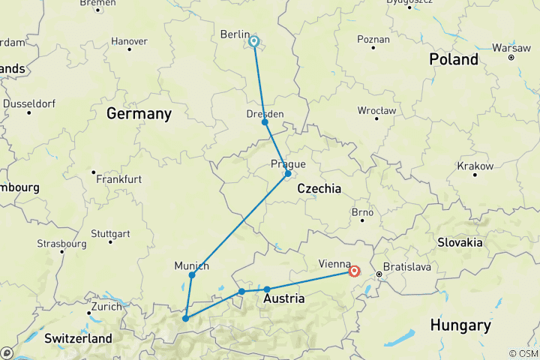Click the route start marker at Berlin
pyautogui.click(x=254, y=42)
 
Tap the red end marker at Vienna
pyautogui.click(x=354, y=272)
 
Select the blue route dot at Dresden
pyautogui.click(x=265, y=121)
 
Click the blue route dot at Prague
pyautogui.click(x=288, y=174)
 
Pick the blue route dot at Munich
pyautogui.click(x=192, y=275)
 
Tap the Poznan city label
pyautogui.click(x=373, y=38)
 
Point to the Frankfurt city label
pyautogui.click(x=121, y=179)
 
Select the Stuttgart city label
pyautogui.click(x=109, y=233)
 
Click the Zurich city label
pyautogui.click(x=106, y=306)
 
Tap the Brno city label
pyautogui.click(x=362, y=212)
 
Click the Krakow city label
pyautogui.click(x=475, y=166)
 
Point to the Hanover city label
pyautogui.click(x=129, y=40)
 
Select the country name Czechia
pyautogui.click(x=319, y=189)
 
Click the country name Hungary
pyautogui.click(x=460, y=325)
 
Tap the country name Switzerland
pyautogui.click(x=78, y=338)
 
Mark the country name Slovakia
pyautogui.click(x=460, y=242)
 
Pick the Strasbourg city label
pyautogui.click(x=63, y=244)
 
